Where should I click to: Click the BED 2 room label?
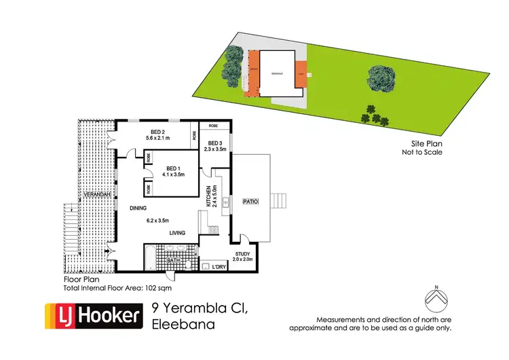coord(155,131)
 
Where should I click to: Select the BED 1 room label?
coord(172,168)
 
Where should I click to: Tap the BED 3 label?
coord(214,141)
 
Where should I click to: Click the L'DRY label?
coord(219,266)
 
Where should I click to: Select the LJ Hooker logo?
coord(94,315)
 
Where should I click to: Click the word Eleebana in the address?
coord(184,325)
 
